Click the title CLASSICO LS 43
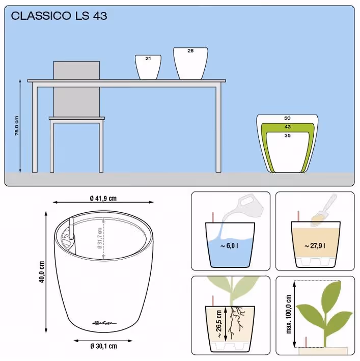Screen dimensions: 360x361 click(x=59, y=16)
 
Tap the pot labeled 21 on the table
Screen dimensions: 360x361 click(x=148, y=67)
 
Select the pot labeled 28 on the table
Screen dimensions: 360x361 click(x=190, y=64)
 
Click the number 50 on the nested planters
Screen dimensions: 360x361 click(x=287, y=118)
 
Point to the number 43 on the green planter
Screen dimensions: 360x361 click(x=288, y=127)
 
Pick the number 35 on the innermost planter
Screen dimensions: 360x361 click(x=288, y=135)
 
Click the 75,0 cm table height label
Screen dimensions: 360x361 click(x=17, y=125)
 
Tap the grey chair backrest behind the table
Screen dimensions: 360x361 click(x=77, y=89)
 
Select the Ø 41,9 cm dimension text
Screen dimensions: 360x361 click(x=103, y=198)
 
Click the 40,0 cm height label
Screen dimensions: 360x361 click(x=42, y=272)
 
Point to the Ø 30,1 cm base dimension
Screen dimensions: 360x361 click(x=103, y=346)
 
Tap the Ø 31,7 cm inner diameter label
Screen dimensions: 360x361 click(x=100, y=238)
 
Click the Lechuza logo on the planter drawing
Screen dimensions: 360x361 click(x=104, y=323)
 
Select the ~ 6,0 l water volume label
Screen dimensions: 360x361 click(x=229, y=246)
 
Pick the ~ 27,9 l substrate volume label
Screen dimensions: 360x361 click(x=315, y=246)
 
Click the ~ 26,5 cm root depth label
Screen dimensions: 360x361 click(x=219, y=324)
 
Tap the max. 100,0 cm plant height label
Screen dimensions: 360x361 click(x=288, y=314)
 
